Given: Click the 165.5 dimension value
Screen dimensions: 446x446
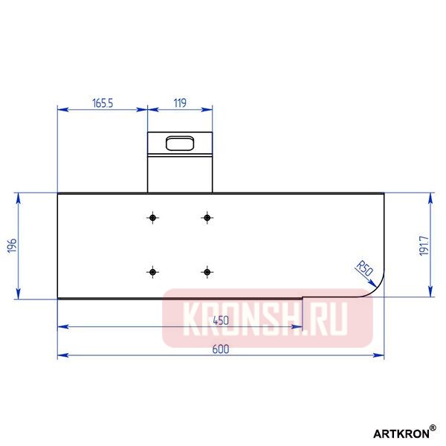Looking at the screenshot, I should tap(103, 103).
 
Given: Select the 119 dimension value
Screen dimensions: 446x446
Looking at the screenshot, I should tap(180, 103).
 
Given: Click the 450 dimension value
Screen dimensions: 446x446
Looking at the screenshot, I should tap(220, 320).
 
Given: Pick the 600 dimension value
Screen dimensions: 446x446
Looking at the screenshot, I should tap(221, 349).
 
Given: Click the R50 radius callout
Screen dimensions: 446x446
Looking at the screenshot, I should tap(363, 267).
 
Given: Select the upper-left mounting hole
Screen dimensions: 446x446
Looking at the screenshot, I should tap(153, 217).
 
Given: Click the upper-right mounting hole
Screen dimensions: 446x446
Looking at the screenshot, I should tap(207, 217).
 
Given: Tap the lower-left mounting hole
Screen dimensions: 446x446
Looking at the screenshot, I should tap(153, 272).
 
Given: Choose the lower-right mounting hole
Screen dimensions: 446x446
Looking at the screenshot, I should tap(207, 272).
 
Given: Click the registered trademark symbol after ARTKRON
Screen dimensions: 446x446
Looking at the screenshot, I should tap(433, 427).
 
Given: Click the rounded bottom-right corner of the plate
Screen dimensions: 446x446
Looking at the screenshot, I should tap(376, 289).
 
